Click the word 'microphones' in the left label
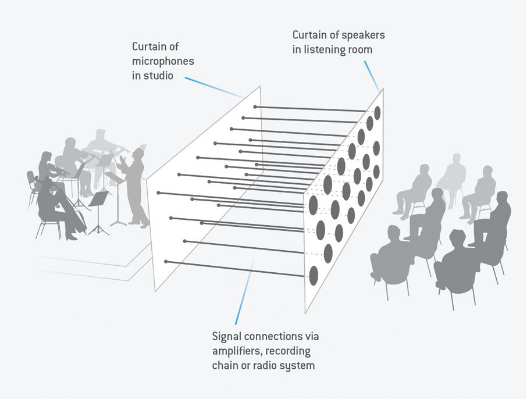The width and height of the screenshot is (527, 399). pyautogui.click(x=163, y=61)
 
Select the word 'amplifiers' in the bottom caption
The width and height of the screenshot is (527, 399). pyautogui.click(x=237, y=351)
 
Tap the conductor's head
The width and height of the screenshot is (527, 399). pyautogui.click(x=137, y=154)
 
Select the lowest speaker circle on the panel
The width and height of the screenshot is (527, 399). pyautogui.click(x=314, y=275)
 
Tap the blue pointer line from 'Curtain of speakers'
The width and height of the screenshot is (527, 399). pyautogui.click(x=371, y=73)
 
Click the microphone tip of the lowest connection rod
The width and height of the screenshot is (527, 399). pyautogui.click(x=166, y=262)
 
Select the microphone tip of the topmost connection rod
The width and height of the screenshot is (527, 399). pyautogui.click(x=255, y=107)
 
